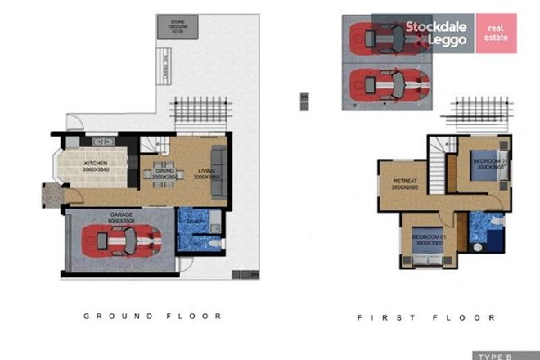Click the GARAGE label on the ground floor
tap(121, 217)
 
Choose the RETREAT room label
tap(406, 181)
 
